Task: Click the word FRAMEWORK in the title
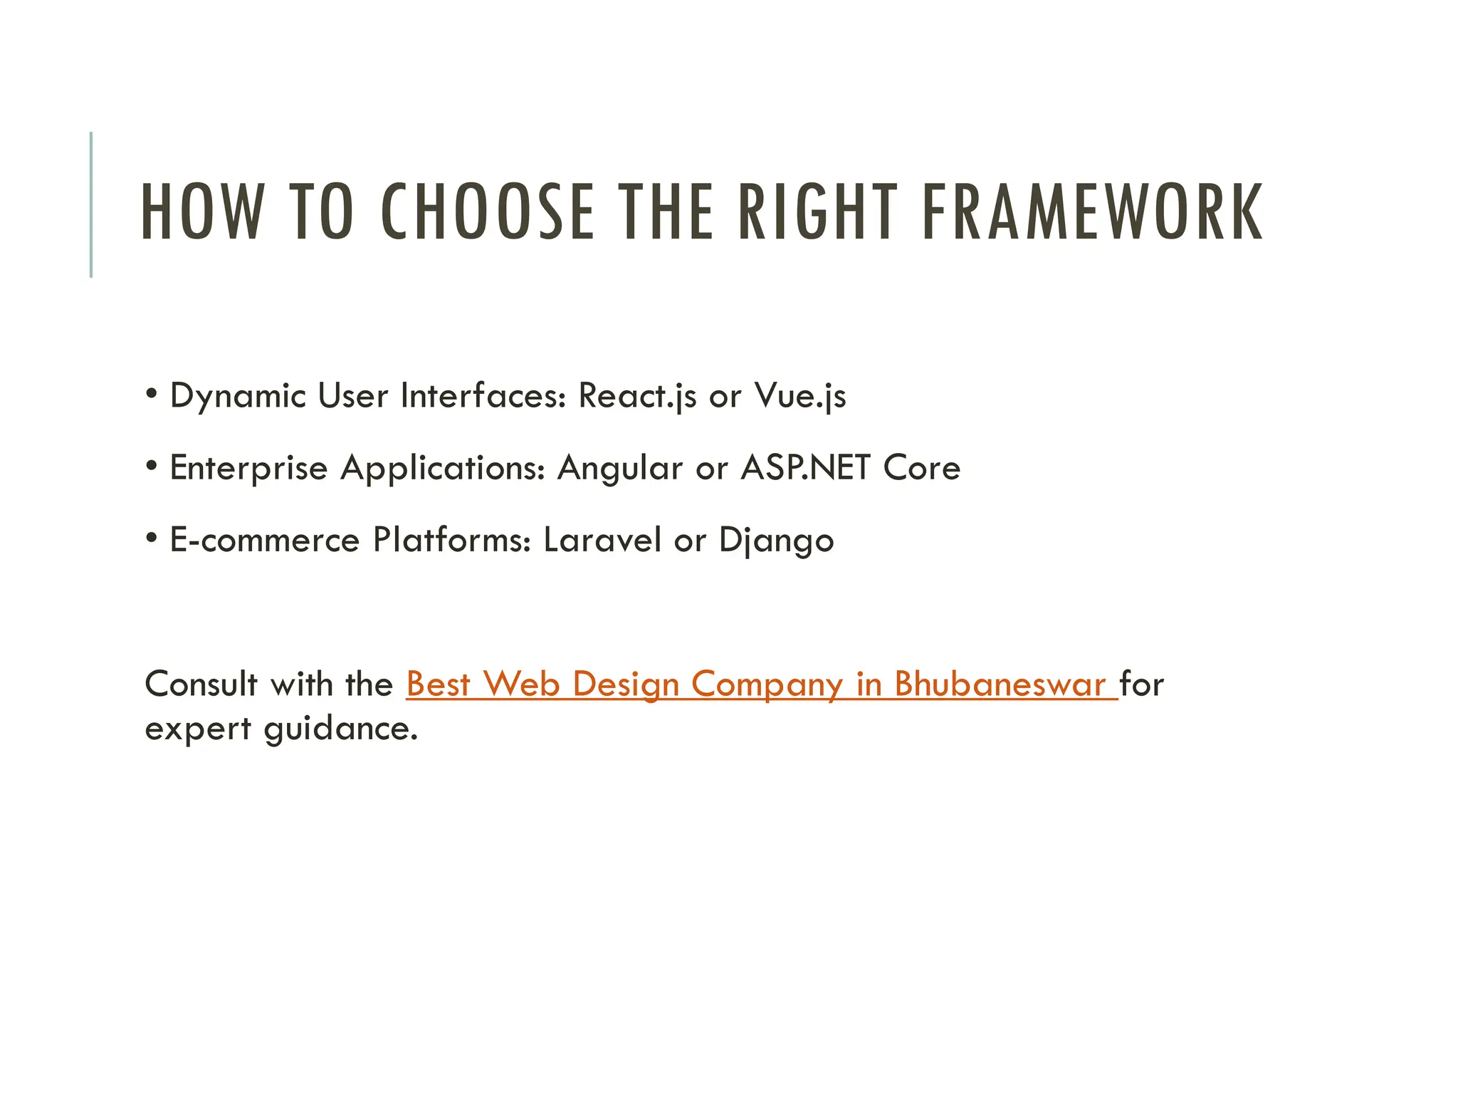1092,212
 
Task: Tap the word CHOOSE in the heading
488,212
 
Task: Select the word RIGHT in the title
818,212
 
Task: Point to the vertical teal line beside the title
91,204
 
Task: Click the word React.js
637,396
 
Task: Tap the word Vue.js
800,396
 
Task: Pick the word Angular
619,469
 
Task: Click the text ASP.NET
805,469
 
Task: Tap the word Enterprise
248,469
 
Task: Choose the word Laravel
602,541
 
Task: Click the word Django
776,541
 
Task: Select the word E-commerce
264,541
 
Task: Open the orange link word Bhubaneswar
1000,684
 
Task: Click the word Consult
201,684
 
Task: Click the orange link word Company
767,684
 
